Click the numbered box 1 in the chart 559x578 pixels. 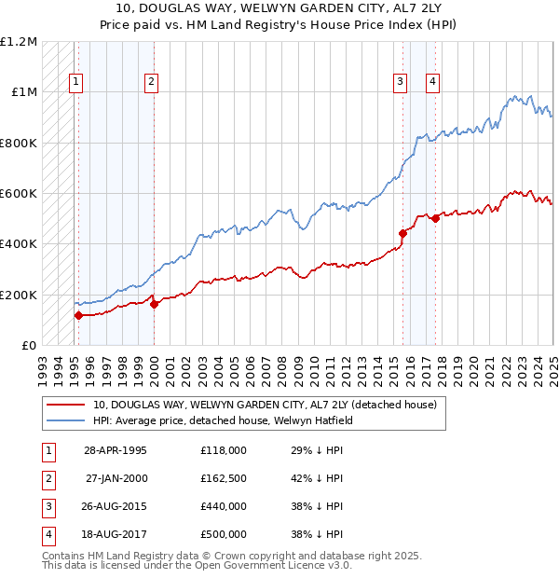(x=75, y=82)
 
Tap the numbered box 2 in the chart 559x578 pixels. (x=151, y=82)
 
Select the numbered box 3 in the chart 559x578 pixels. (x=400, y=82)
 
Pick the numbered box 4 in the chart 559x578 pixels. (x=433, y=82)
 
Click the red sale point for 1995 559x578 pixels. (x=78, y=315)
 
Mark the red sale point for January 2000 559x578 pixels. (x=154, y=304)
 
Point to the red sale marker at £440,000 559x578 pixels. (x=402, y=233)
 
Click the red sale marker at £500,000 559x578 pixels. (x=435, y=218)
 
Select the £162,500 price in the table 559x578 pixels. (x=223, y=479)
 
